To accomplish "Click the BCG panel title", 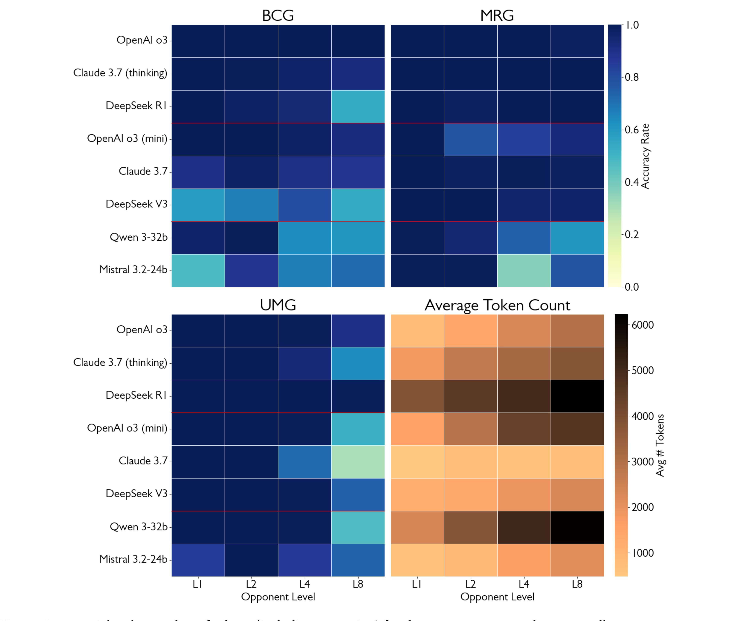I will point(278,16).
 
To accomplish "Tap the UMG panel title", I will point(278,305).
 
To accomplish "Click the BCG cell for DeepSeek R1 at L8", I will point(358,106).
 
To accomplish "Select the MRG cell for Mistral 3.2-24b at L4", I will point(524,270).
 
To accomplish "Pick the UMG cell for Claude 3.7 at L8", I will point(358,462).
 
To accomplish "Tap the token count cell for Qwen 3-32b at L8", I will point(577,527).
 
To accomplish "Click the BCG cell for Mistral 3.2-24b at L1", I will point(198,270).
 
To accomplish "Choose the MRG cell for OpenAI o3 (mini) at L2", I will point(470,139).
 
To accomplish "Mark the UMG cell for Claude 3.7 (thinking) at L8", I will point(358,363).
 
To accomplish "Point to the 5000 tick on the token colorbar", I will point(642,370).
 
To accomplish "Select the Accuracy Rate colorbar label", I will point(645,156).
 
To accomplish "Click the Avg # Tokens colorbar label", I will point(660,445).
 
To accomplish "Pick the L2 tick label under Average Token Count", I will point(470,584).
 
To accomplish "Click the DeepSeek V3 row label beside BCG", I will point(136,204).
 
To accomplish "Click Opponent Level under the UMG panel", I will point(278,597).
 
